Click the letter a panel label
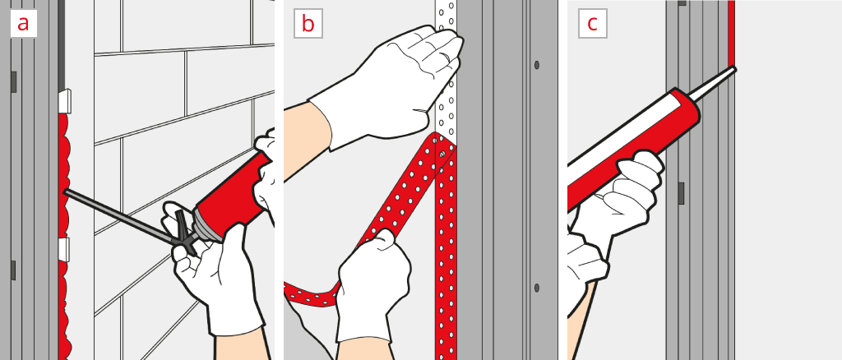point(23,24)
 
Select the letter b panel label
point(308,24)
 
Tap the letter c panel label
point(592,24)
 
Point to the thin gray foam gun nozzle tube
point(118,215)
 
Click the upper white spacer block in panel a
point(64,101)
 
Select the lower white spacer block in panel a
point(64,250)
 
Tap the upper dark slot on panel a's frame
point(13,81)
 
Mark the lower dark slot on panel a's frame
point(13,270)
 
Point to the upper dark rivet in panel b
point(536,65)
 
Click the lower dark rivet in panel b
point(536,288)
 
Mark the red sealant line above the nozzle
point(731,33)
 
